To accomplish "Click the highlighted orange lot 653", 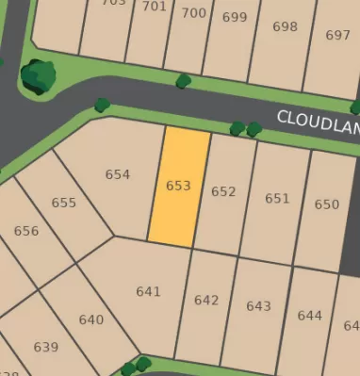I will click(x=178, y=187).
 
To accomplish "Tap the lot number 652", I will click(x=223, y=192).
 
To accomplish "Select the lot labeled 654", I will click(x=118, y=174).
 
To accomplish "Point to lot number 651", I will click(x=277, y=198).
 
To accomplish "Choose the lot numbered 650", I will click(x=326, y=204).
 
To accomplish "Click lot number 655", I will click(x=64, y=203).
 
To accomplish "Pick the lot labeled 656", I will click(x=26, y=231).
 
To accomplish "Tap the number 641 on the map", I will click(x=148, y=291).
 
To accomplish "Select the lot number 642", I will click(x=206, y=300).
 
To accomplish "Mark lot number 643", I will click(x=258, y=306).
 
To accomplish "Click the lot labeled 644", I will click(x=309, y=316).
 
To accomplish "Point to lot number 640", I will click(x=91, y=319).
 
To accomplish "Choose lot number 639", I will click(x=45, y=347).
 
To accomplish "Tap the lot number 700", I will click(x=193, y=13).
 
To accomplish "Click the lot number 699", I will click(x=237, y=18).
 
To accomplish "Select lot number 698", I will click(x=285, y=26).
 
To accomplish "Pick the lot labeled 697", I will click(x=337, y=35).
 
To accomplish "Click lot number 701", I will click(x=155, y=7).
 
